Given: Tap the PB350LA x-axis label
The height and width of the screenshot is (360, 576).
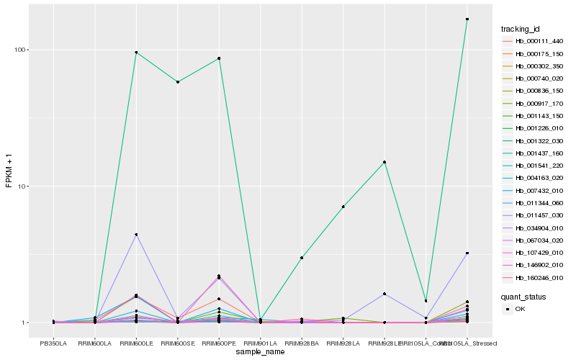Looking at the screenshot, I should (53, 343).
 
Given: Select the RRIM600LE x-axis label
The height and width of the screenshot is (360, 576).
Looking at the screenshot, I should (136, 343).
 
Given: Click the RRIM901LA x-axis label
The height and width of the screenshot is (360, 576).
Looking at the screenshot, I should (260, 343).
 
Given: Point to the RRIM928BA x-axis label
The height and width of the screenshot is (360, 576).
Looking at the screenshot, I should (302, 343).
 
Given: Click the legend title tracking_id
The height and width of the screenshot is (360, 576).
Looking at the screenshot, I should (520, 29).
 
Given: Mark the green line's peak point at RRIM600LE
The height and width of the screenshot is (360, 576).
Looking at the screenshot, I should (136, 53).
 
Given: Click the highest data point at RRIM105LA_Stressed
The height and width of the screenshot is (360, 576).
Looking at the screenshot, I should (467, 19).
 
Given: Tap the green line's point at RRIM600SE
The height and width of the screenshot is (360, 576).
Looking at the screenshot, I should (177, 82).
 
